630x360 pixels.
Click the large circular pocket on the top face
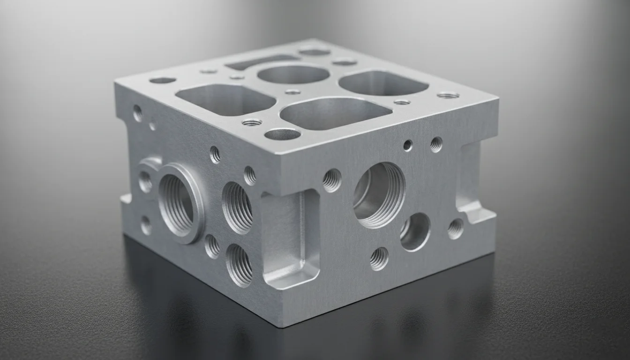[x=293, y=75]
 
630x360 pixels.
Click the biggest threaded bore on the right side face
[x=379, y=195]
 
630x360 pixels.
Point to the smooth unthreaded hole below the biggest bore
[x=415, y=232]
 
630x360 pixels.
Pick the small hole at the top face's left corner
[x=162, y=80]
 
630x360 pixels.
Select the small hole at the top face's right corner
[x=448, y=95]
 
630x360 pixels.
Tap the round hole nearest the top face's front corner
[x=282, y=135]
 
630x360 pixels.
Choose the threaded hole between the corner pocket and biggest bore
[x=332, y=180]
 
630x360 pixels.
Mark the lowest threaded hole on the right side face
[x=379, y=258]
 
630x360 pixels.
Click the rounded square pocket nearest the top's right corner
[x=383, y=83]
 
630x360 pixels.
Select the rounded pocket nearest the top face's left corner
[x=225, y=99]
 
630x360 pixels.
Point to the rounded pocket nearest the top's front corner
[x=336, y=114]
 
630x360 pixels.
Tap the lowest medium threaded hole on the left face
[x=239, y=264]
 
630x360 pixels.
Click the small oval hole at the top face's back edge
[x=315, y=52]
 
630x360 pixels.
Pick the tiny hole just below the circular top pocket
[x=292, y=92]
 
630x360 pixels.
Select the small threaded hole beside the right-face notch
[x=455, y=228]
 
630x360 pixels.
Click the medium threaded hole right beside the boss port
[x=237, y=207]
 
